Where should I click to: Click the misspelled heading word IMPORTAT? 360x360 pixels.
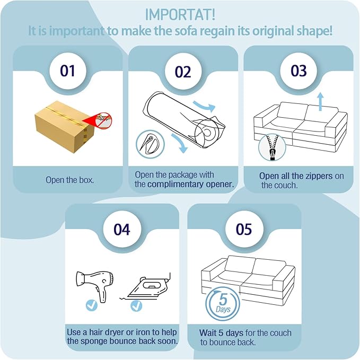click(x=180, y=14)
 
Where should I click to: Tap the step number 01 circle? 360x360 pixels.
click(x=68, y=71)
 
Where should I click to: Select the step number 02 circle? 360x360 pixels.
click(x=183, y=72)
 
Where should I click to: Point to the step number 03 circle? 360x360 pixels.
click(x=298, y=71)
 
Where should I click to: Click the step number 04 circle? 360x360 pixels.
click(x=122, y=229)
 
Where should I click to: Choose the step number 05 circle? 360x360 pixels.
click(x=244, y=229)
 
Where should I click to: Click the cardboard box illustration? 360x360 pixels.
click(x=65, y=127)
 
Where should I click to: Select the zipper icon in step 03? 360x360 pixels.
click(x=273, y=147)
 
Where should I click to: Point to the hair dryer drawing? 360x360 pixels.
click(x=94, y=286)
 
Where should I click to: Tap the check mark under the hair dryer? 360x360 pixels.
click(x=92, y=305)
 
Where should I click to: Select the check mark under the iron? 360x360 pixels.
click(x=136, y=305)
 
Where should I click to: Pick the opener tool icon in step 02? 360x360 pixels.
click(x=150, y=144)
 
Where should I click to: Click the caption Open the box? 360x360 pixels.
click(x=70, y=180)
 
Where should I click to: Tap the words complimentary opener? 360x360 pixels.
click(x=190, y=185)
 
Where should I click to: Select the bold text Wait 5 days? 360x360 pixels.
click(x=221, y=333)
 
